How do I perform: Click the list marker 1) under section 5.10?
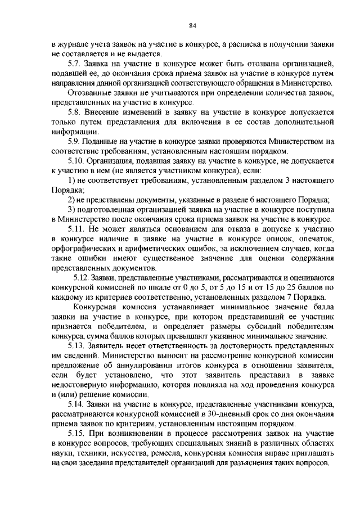coord(71,180)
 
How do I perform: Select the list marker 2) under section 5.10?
coord(71,200)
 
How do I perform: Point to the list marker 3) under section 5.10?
coord(71,209)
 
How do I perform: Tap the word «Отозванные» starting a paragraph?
coord(88,93)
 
